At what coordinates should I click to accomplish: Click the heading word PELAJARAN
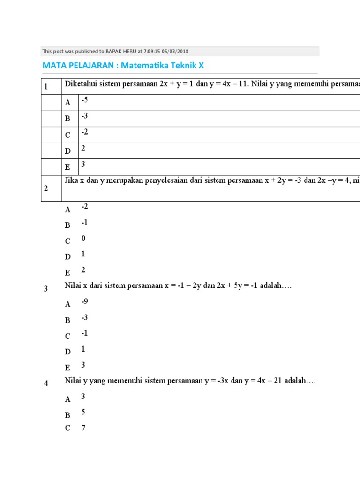tap(94, 66)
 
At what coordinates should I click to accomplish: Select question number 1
tap(46, 87)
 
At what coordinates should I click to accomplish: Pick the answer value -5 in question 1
tap(84, 100)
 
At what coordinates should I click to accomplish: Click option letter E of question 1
tap(68, 167)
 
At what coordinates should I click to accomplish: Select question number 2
tap(46, 188)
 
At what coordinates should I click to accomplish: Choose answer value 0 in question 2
tap(83, 238)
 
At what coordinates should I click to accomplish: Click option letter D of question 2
tap(68, 257)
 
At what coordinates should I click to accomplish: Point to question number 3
tap(46, 289)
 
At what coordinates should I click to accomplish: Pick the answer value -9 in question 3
tap(84, 301)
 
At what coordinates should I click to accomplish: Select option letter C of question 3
tap(68, 336)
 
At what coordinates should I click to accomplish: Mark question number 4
tap(46, 383)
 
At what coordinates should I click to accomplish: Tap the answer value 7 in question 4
tap(83, 427)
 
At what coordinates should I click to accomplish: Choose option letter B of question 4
tap(68, 415)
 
